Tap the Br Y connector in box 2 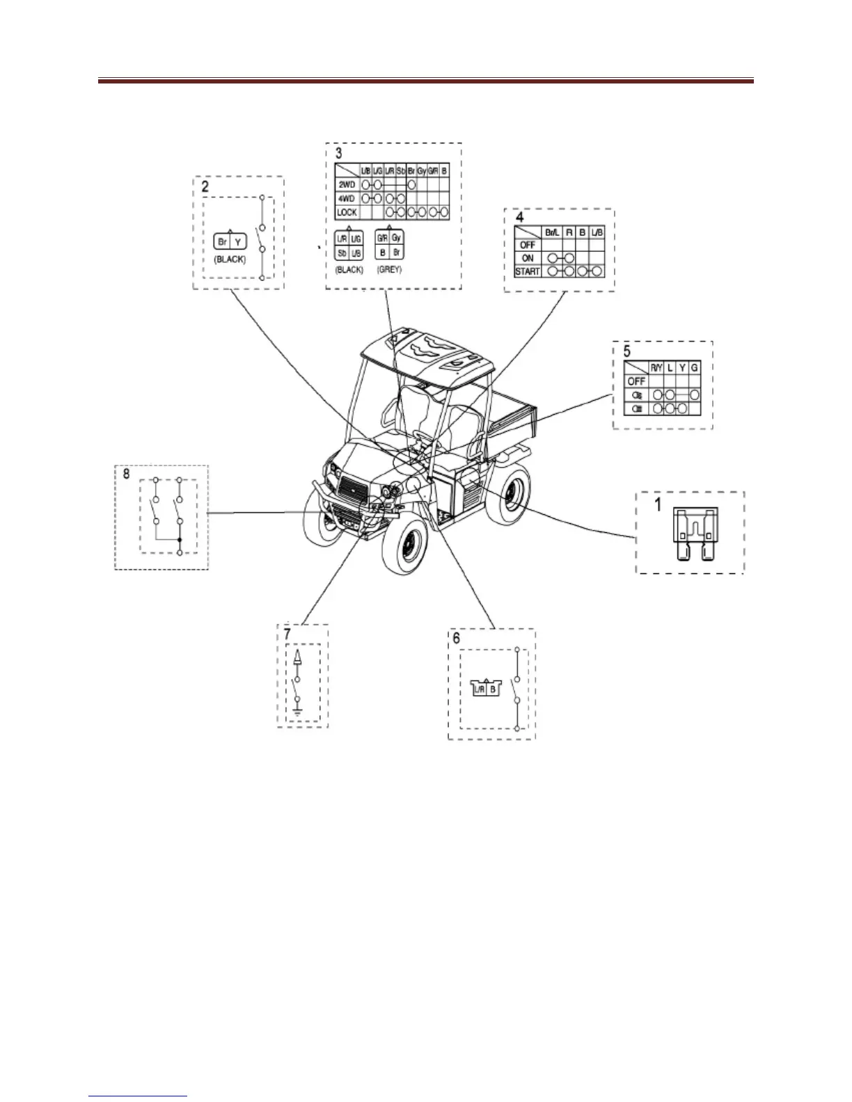[229, 242]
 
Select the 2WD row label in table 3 [347, 186]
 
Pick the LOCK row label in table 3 [347, 211]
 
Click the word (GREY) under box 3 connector [388, 269]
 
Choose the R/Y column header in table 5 [656, 367]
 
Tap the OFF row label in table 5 [636, 381]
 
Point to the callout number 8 [126, 474]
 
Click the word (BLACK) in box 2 [229, 259]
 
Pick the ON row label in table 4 [528, 258]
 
